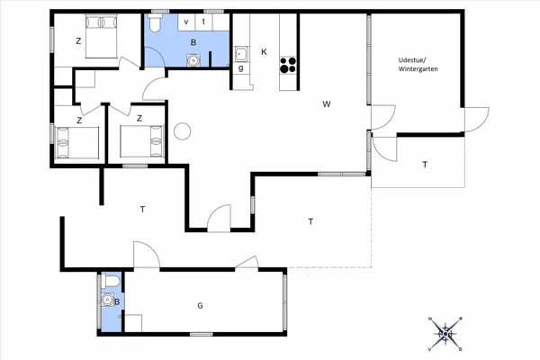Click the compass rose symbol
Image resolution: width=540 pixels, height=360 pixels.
tap(445, 334)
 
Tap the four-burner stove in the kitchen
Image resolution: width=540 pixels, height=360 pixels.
tap(289, 64)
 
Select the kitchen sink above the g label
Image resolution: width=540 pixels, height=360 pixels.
tap(241, 53)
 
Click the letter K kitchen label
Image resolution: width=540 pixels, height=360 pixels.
tap(264, 51)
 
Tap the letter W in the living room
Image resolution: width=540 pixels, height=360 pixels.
tap(327, 104)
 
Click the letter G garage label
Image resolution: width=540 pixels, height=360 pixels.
tap(200, 306)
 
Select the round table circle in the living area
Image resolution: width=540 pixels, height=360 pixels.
tap(183, 131)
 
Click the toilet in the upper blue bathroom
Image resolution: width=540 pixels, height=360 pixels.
tap(157, 22)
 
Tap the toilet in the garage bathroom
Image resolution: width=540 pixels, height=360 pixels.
tap(110, 283)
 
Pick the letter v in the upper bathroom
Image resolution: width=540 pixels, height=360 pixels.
tap(186, 21)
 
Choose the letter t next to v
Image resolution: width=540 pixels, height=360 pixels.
tap(204, 21)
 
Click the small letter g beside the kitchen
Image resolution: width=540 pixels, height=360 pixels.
tap(241, 68)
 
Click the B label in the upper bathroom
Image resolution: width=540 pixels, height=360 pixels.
tap(192, 42)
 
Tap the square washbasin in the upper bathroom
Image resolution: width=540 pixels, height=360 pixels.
tap(192, 59)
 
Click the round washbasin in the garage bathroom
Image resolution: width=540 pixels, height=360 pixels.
tap(110, 301)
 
